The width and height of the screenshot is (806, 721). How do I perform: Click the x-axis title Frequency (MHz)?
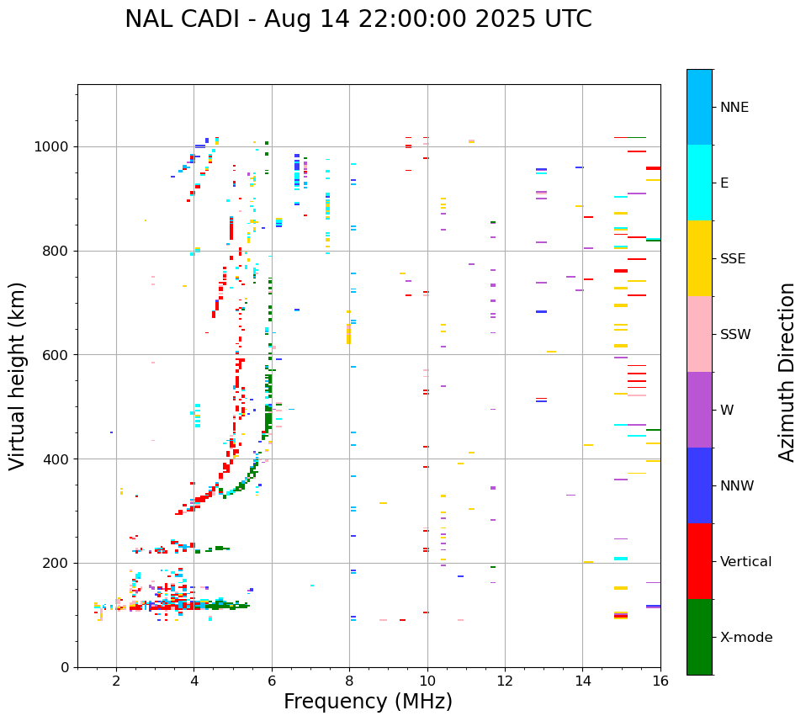[368, 702]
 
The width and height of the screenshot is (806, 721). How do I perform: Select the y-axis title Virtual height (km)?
[18, 375]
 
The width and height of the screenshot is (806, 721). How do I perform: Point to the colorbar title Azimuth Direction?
[787, 372]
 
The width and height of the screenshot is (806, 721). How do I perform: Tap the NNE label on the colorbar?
[734, 108]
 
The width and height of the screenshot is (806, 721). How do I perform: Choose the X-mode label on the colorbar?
[745, 638]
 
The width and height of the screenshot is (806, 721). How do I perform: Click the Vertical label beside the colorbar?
[745, 562]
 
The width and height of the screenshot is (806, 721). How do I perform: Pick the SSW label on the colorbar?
[735, 335]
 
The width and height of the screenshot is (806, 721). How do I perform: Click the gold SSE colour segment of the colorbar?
[699, 258]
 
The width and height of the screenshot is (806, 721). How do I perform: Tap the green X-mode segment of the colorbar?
[699, 637]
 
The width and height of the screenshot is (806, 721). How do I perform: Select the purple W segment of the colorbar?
[699, 410]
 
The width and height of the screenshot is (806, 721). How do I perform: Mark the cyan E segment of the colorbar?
[699, 183]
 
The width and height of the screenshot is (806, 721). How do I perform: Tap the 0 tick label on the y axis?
[66, 667]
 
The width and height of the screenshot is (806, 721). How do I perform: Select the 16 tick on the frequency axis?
[660, 681]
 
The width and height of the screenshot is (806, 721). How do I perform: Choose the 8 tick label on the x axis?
[349, 681]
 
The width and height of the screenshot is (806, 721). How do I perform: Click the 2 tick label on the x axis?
[116, 681]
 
